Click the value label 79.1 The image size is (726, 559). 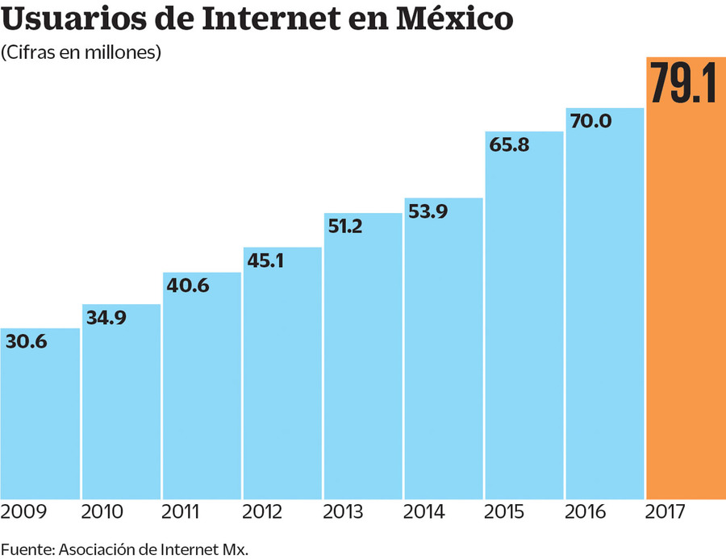click(x=683, y=83)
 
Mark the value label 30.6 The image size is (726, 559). click(x=27, y=342)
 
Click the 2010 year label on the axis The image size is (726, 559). click(x=102, y=511)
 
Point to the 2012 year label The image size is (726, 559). click(x=264, y=511)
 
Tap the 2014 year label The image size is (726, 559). click(x=425, y=511)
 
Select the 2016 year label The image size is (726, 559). click(x=586, y=511)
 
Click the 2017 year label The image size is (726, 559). click(x=667, y=511)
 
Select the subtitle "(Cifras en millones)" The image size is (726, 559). click(x=81, y=53)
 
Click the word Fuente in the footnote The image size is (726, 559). click(x=25, y=549)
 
